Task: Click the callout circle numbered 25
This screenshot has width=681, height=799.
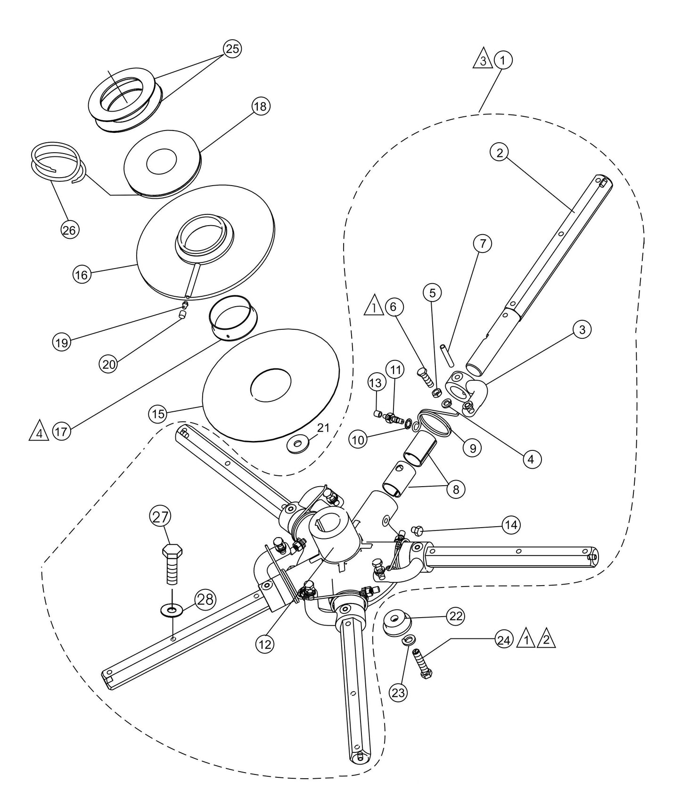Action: point(231,49)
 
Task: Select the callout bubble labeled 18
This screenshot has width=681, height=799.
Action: point(260,106)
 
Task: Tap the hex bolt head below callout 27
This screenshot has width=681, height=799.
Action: point(172,551)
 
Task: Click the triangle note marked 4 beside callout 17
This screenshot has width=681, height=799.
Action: point(39,432)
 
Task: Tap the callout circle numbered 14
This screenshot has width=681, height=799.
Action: point(511,525)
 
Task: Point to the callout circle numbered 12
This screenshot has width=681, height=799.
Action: point(265,644)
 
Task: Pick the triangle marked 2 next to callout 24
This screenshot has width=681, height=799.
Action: point(546,640)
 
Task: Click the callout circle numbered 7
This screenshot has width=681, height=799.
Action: point(483,244)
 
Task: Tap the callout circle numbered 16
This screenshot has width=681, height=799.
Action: point(82,274)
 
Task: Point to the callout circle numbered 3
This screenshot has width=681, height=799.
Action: point(583,330)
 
